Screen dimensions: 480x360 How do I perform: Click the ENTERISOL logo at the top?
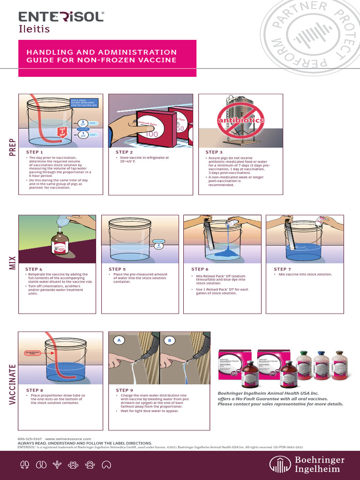coord(61,17)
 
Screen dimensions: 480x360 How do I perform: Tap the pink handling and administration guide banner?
coord(107,56)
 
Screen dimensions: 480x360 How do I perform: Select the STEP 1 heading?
coord(34,152)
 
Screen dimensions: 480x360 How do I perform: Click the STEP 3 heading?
coord(214,152)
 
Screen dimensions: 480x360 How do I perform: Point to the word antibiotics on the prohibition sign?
coord(240,120)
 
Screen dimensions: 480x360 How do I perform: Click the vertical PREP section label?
coord(12,147)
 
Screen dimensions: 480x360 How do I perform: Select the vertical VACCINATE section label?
coord(12,380)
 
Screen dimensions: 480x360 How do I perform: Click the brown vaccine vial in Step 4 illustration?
coord(60,243)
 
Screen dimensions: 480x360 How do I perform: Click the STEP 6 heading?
coord(200,269)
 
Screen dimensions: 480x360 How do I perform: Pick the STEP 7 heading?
coord(283,269)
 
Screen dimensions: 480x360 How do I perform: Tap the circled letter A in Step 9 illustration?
coord(119,340)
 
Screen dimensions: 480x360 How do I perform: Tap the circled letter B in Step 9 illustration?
coord(169,340)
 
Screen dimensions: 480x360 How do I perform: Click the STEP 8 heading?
coord(35,390)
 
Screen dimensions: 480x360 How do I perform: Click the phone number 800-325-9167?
coord(30,439)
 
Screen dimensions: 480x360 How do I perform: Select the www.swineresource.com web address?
coord(68,439)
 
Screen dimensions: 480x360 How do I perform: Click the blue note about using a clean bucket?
coord(84,103)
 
